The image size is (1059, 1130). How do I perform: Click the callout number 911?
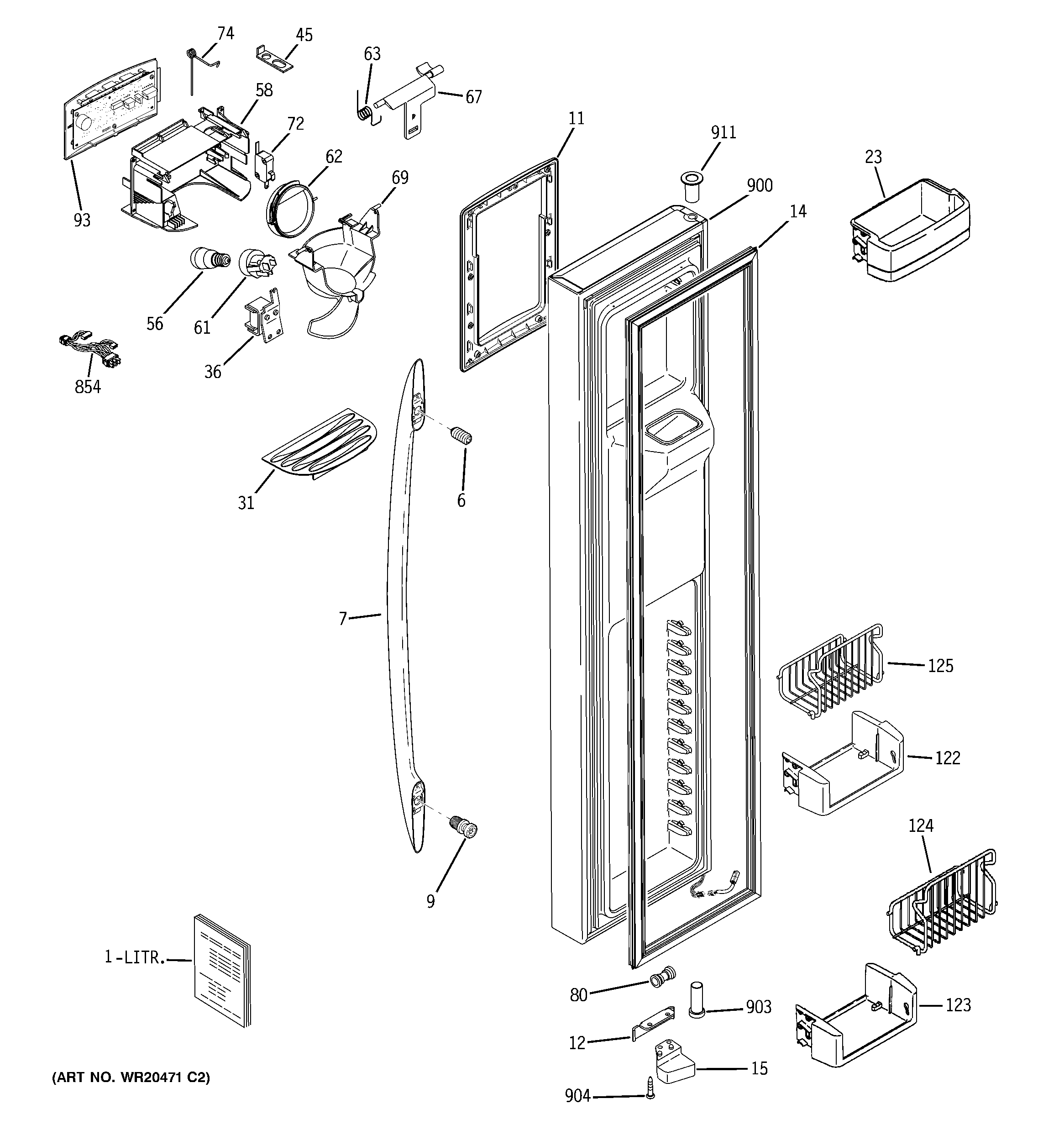point(723,132)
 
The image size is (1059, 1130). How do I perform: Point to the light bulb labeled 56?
point(209,260)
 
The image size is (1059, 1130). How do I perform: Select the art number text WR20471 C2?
point(131,1077)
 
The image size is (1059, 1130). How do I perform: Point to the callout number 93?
point(82,220)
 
